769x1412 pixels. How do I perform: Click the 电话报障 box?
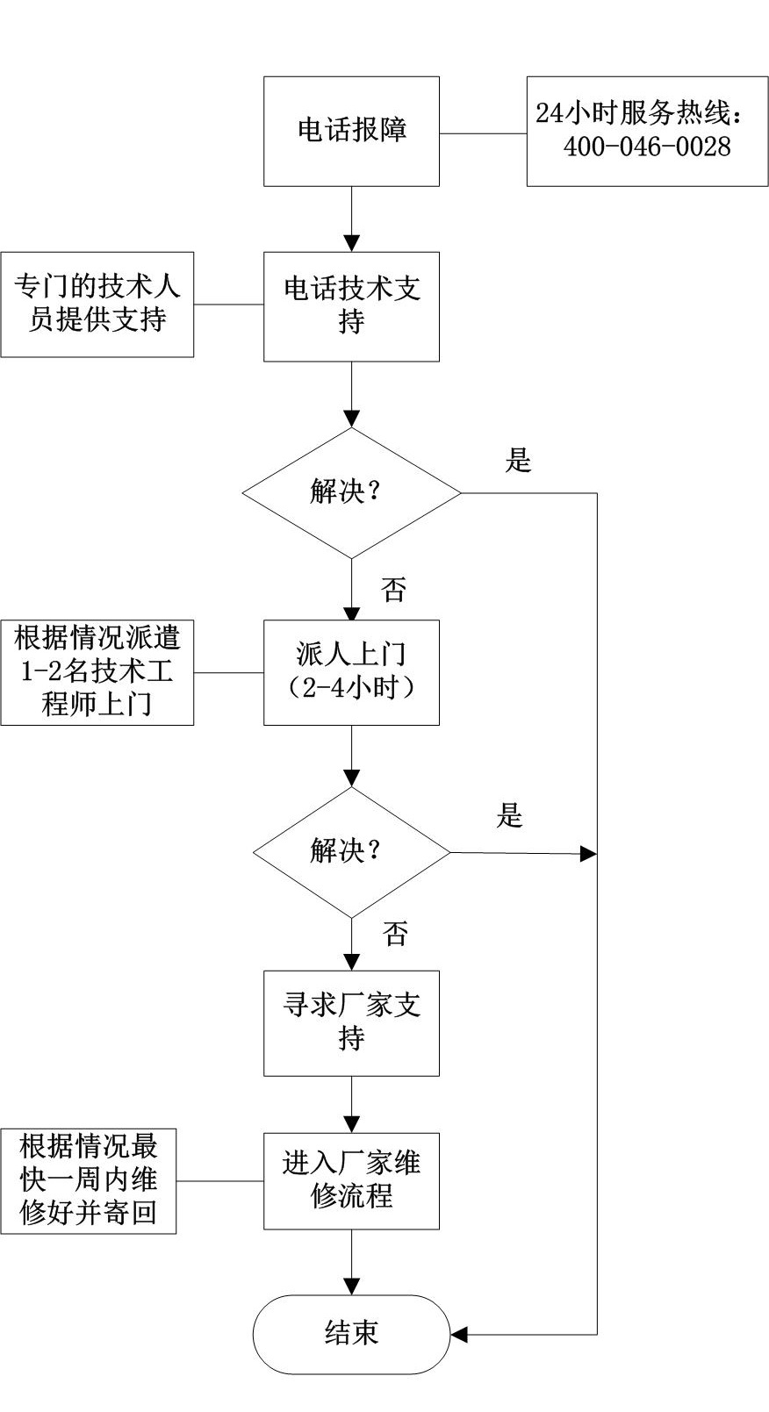tap(351, 131)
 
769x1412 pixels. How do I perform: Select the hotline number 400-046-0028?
tap(647, 147)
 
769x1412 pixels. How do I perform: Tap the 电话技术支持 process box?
tap(351, 306)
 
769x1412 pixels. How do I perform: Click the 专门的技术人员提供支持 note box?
tap(97, 304)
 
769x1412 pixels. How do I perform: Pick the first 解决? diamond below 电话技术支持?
tap(351, 492)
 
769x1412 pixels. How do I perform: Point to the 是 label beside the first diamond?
tap(519, 460)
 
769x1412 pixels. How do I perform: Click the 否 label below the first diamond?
tap(394, 590)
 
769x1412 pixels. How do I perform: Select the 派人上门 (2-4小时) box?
tap(351, 672)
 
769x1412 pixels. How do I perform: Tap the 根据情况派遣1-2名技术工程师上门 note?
tap(97, 672)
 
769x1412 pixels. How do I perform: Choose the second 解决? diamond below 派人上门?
tap(351, 851)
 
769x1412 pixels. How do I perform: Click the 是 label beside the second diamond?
tap(510, 816)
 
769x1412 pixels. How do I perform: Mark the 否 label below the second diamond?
tap(395, 934)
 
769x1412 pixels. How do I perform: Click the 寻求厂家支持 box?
tap(351, 1022)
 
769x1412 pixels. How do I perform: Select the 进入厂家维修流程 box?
tap(351, 1180)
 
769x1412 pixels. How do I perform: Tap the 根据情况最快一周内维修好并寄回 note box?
tap(88, 1180)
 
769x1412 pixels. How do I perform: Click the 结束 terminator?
tap(351, 1334)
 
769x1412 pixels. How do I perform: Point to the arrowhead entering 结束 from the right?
tap(459, 1335)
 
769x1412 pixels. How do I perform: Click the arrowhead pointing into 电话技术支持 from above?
tap(351, 244)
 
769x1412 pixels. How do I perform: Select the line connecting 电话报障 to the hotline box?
tap(483, 134)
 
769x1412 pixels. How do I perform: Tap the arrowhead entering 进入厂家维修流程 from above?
tap(351, 1124)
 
